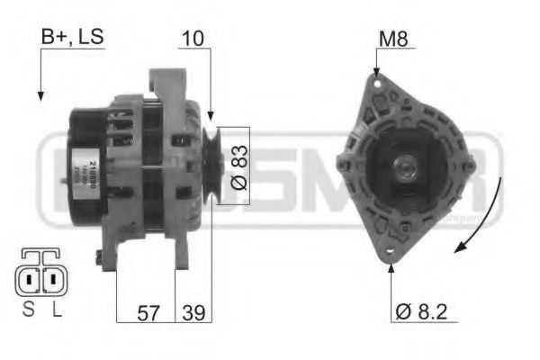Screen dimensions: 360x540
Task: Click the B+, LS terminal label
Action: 72,37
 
